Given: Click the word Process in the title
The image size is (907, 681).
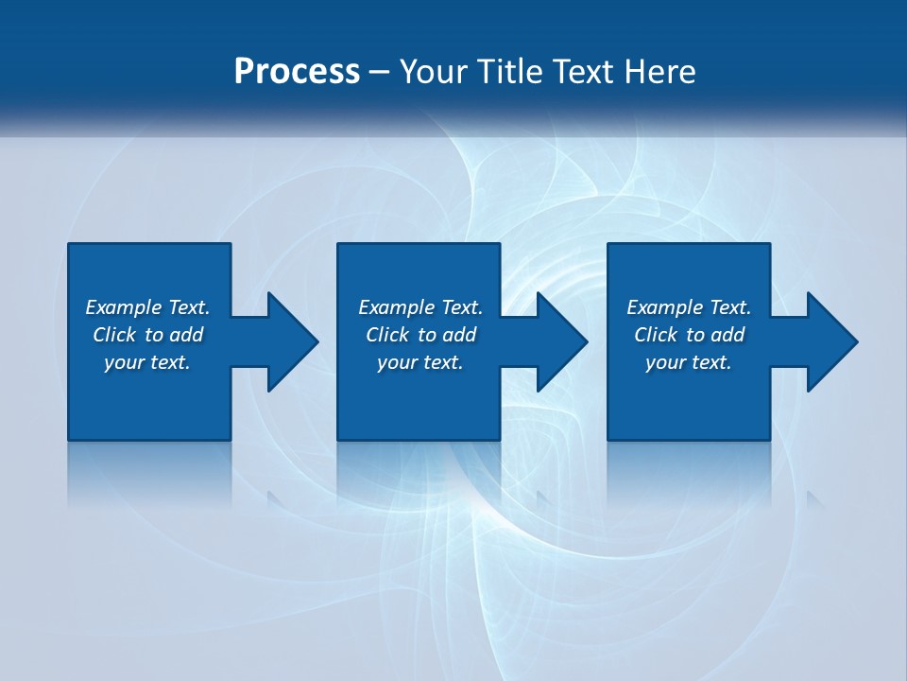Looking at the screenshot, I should click(297, 72).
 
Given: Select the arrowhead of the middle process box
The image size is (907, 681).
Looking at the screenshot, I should click(561, 341).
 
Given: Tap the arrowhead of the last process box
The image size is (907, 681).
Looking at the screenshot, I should click(831, 341).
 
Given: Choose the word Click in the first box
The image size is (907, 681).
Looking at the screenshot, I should click(114, 335).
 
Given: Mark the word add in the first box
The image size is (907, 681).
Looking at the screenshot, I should click(187, 335).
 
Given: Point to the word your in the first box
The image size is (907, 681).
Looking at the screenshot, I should click(124, 362).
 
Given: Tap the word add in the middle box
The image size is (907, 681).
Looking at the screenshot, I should click(460, 335).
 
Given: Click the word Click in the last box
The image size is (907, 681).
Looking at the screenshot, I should click(656, 335).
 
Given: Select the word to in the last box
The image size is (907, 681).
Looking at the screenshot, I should click(696, 335).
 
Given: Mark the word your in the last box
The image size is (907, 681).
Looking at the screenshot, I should click(665, 362).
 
